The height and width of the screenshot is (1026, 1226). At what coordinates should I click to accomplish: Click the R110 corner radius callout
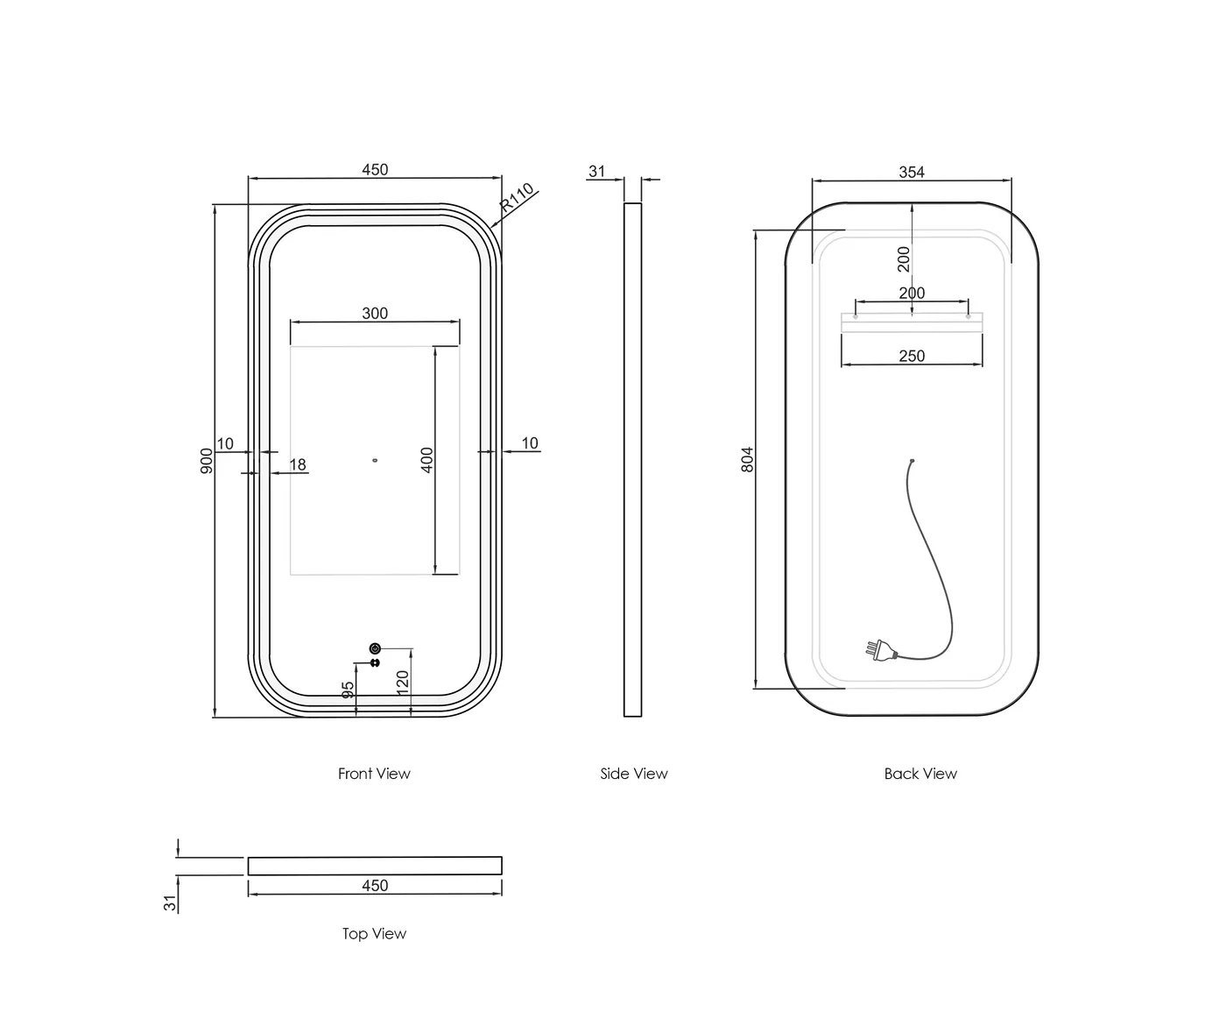[x=517, y=199]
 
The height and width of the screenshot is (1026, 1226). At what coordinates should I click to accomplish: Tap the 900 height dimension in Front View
[x=207, y=460]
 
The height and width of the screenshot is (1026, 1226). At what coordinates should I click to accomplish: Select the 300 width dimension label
[x=375, y=314]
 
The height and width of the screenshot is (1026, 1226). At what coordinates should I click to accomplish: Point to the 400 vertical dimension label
[x=427, y=460]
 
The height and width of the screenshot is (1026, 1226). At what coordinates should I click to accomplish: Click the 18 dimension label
[x=298, y=464]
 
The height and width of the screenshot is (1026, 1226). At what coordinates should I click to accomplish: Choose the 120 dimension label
[x=403, y=682]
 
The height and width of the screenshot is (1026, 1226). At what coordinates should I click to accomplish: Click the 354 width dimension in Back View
[x=912, y=173]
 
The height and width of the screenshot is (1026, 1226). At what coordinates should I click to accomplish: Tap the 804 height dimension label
[x=747, y=460]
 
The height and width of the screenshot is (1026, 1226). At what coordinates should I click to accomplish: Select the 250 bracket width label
[x=912, y=356]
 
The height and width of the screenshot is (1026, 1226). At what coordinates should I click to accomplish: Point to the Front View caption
[x=374, y=774]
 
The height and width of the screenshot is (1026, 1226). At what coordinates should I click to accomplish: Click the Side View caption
[x=634, y=774]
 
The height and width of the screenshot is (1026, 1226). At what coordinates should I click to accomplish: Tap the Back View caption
[x=920, y=774]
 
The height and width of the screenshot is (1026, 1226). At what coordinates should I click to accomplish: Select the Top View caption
[x=374, y=934]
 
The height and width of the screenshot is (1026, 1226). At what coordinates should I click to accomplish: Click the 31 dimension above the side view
[x=596, y=172]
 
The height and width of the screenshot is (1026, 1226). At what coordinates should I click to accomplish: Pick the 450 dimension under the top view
[x=375, y=886]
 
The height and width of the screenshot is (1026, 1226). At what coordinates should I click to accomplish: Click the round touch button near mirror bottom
[x=375, y=648]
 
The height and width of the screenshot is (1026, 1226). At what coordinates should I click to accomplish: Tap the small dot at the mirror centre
[x=375, y=459]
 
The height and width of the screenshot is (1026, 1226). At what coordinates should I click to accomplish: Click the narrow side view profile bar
[x=632, y=460]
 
